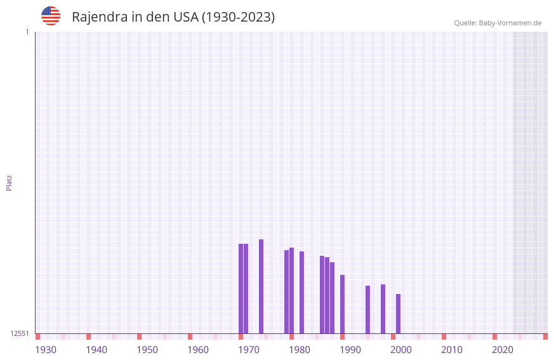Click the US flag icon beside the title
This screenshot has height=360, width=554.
[51, 16]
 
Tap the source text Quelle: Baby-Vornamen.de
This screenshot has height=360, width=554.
[498, 23]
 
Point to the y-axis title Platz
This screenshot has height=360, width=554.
[9, 182]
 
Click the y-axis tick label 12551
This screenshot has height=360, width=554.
[20, 333]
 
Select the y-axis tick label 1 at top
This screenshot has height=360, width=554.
[27, 32]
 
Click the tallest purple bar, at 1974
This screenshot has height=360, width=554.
[261, 286]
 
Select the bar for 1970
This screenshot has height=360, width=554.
[241, 289]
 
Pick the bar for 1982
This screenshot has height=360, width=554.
[301, 292]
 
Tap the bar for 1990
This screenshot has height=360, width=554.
[342, 304]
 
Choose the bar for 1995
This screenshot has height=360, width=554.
[367, 309]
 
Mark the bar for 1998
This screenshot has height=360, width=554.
[383, 309]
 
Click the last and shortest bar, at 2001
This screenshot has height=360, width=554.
[398, 314]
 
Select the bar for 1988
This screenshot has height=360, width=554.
[332, 298]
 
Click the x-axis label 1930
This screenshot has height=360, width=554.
[46, 350]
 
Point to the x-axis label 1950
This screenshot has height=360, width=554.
[147, 350]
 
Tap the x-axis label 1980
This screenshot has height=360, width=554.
[300, 350]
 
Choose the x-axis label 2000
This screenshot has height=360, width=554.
[401, 350]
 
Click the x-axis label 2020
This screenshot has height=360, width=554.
[503, 350]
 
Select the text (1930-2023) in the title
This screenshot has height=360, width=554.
[238, 17]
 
